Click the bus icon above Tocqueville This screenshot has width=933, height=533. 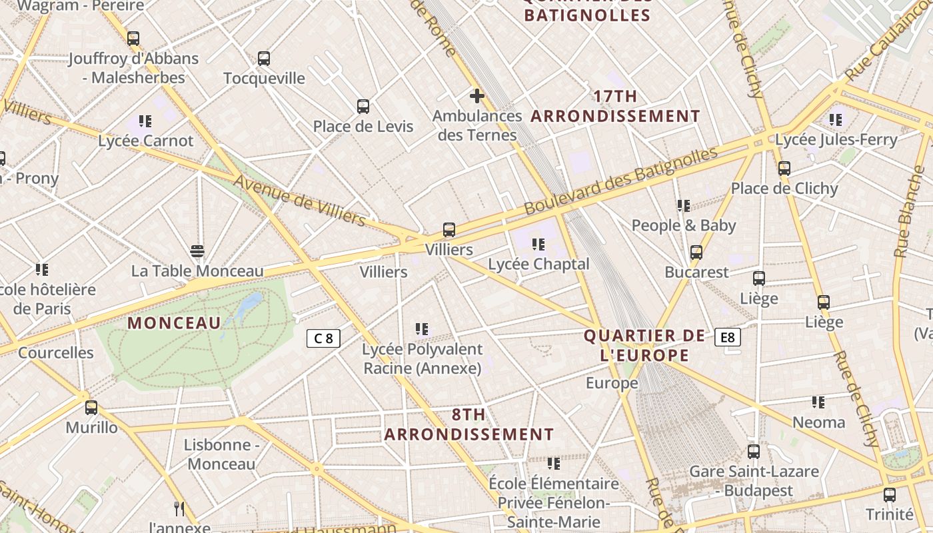click(264, 59)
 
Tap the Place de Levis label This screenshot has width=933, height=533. click(363, 127)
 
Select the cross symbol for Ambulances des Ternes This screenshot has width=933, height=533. click(476, 96)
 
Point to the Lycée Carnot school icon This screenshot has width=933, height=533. click(145, 121)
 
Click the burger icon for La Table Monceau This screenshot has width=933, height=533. click(197, 251)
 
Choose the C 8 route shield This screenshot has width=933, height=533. click(323, 338)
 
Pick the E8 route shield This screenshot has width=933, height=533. click(727, 337)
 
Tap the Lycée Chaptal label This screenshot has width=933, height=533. click(538, 264)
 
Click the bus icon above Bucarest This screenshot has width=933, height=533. click(696, 253)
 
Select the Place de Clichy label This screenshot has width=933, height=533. click(784, 189)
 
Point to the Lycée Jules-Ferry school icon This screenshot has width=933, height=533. click(836, 120)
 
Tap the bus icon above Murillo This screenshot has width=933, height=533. click(91, 408)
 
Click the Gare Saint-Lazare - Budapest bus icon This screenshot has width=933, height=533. click(754, 452)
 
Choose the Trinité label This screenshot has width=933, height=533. click(889, 514)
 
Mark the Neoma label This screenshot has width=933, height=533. click(818, 422)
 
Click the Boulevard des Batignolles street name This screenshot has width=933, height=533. click(621, 181)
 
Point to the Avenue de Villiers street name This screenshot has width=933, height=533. click(299, 201)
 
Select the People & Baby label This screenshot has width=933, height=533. click(684, 226)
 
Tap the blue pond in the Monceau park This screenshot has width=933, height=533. click(249, 304)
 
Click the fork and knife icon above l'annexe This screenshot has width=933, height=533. click(179, 509)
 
